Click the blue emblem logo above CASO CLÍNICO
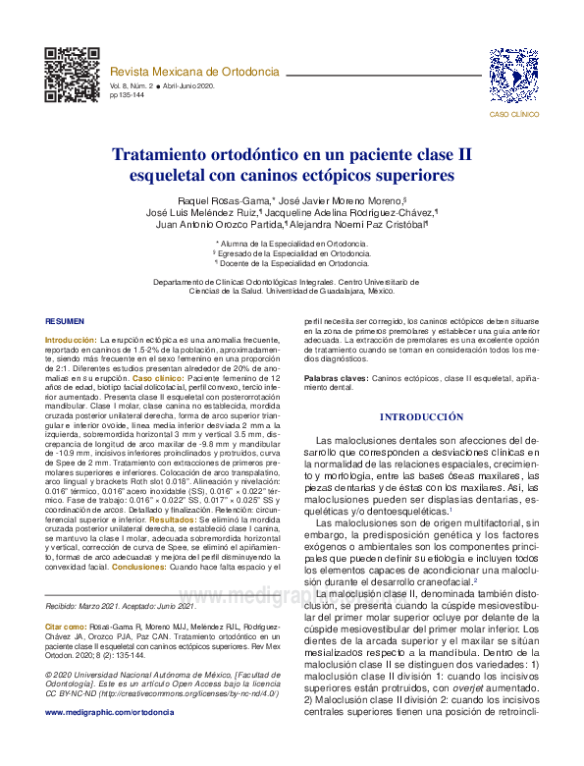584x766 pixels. (x=513, y=77)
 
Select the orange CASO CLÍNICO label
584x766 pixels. (x=513, y=115)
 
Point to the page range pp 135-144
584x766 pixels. (x=128, y=95)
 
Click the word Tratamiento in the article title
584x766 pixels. (x=170, y=155)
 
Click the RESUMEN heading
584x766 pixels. (x=66, y=322)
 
